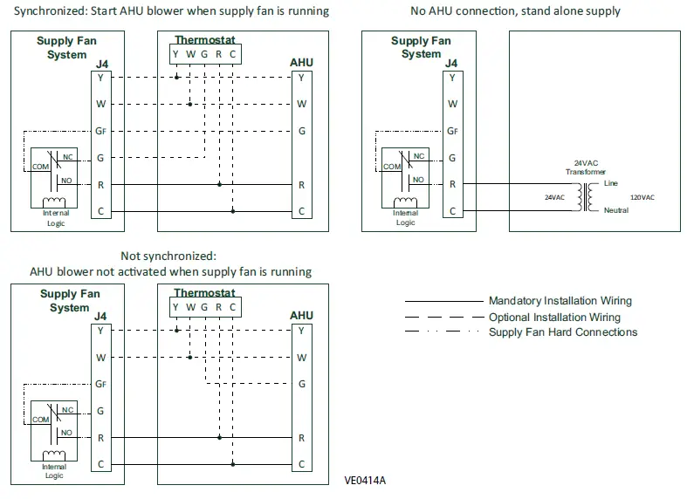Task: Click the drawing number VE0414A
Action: click(365, 481)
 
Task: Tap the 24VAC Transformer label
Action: click(586, 167)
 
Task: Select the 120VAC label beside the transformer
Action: click(642, 197)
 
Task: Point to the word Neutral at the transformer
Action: click(616, 210)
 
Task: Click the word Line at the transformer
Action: click(611, 183)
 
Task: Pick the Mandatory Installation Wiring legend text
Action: click(560, 301)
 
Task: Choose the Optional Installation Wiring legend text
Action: click(554, 317)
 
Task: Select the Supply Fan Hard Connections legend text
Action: click(563, 332)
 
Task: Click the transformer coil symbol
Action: click(586, 197)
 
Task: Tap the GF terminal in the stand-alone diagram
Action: click(452, 131)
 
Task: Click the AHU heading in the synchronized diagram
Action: click(301, 63)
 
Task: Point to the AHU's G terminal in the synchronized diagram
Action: click(302, 131)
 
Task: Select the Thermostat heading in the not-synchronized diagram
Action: click(204, 292)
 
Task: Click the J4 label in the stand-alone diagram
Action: click(451, 63)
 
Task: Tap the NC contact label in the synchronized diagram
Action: click(68, 157)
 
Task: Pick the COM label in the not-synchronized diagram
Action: click(41, 420)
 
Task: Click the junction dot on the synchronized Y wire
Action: click(176, 78)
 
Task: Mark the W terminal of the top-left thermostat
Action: click(190, 54)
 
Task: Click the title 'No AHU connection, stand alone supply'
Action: click(515, 11)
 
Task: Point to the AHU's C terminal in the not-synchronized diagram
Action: click(301, 464)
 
